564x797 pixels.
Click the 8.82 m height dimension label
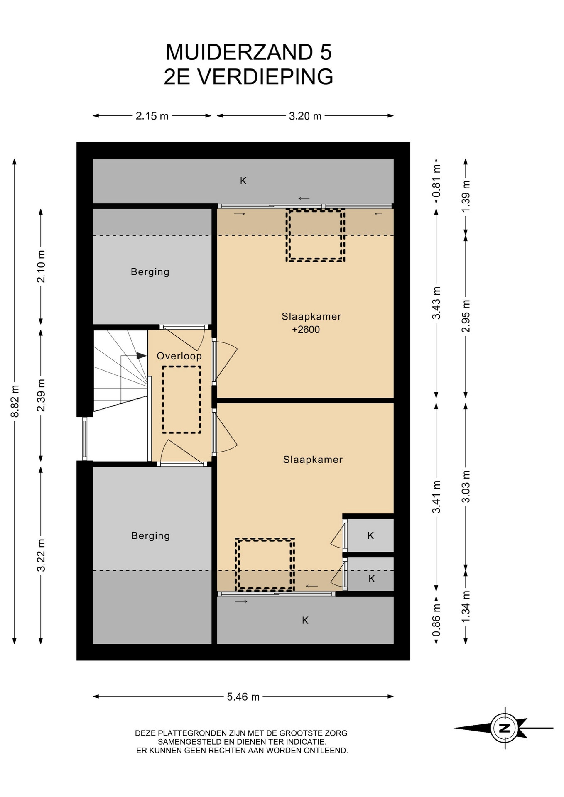(15, 401)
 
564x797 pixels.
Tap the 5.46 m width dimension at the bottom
(243, 697)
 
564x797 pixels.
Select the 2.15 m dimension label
(152, 116)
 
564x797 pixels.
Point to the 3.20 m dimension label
(305, 116)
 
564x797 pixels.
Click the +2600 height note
(306, 330)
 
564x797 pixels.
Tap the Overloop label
(179, 356)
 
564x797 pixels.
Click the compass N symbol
(505, 728)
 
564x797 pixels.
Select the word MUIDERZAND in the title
(239, 52)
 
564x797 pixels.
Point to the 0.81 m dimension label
(436, 181)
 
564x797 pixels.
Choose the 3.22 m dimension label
(41, 555)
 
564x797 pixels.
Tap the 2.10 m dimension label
(41, 266)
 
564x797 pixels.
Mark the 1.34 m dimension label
(466, 606)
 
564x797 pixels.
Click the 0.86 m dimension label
(436, 619)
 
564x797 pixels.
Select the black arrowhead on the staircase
(142, 356)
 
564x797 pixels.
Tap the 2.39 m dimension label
(41, 395)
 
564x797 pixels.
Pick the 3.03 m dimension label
(466, 486)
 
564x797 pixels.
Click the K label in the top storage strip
(243, 181)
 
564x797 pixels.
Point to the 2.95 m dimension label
(466, 316)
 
